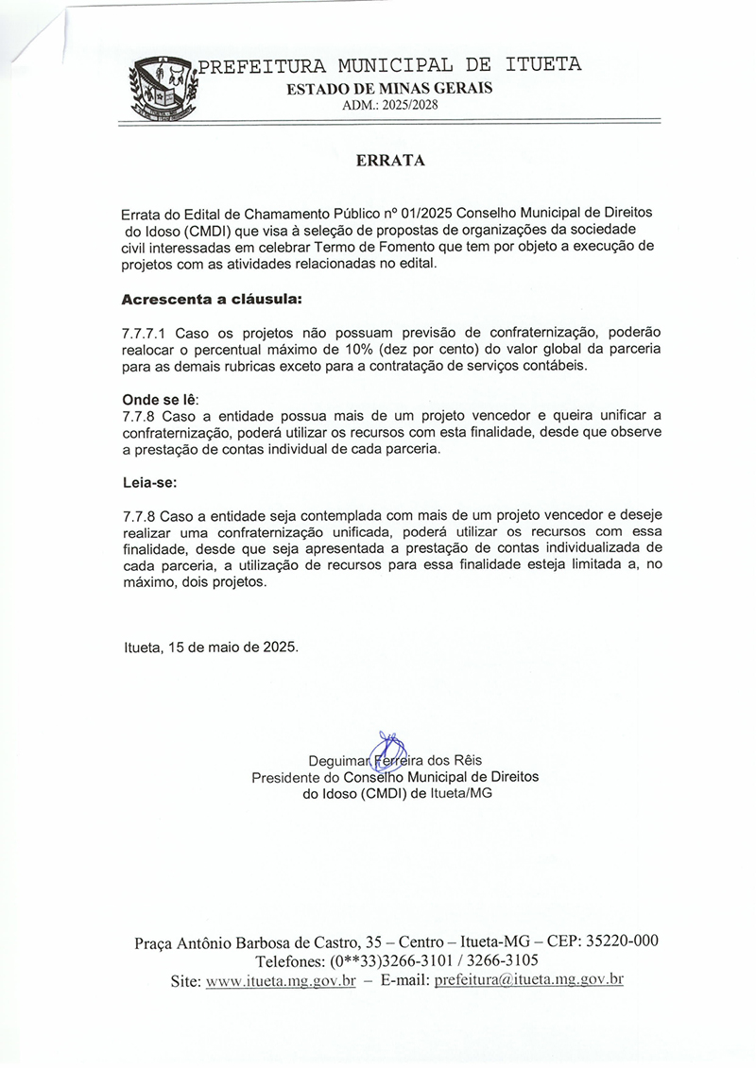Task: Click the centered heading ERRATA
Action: click(390, 161)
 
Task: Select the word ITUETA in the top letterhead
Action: click(543, 65)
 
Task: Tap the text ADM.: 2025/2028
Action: click(389, 105)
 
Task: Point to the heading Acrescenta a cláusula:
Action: click(212, 300)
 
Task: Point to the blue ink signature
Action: click(387, 748)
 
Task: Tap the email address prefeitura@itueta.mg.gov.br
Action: click(528, 980)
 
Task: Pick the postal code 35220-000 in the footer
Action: click(622, 941)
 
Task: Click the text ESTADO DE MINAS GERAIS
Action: click(389, 89)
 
